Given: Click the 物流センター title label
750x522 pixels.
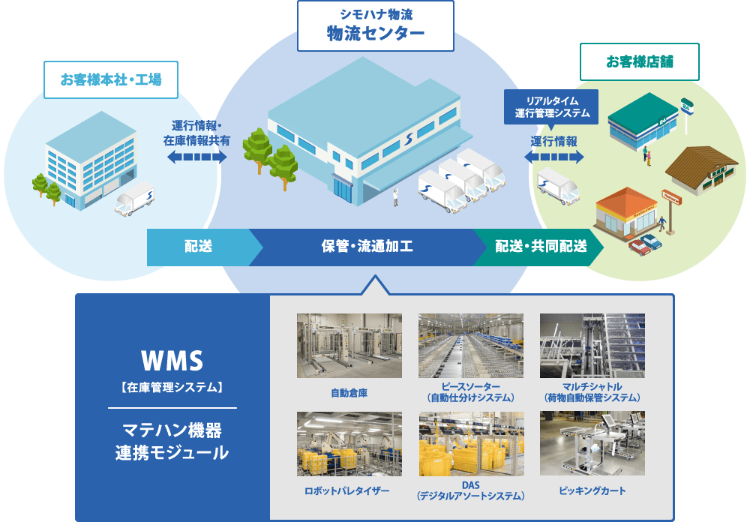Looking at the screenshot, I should (x=376, y=26).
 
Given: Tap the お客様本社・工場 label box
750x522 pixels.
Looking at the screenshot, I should (x=110, y=79).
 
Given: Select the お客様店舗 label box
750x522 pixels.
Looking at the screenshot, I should (x=640, y=61).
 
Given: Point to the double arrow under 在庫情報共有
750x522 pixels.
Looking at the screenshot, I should (x=196, y=157).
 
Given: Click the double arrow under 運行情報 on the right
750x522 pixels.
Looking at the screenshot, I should (x=553, y=157).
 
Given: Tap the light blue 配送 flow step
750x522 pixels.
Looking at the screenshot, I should (x=199, y=247).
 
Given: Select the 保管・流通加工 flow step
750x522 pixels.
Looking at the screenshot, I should (x=367, y=247).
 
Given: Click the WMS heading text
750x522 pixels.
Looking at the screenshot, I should (x=172, y=361).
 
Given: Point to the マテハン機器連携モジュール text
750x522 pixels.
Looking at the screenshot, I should (x=172, y=442).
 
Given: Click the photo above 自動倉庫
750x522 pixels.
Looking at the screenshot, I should (x=349, y=345).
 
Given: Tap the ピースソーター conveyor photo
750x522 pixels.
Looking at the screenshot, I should (x=470, y=345).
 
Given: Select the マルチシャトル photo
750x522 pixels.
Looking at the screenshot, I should (x=592, y=345).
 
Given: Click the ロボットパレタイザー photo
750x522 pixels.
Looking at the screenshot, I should (x=349, y=443).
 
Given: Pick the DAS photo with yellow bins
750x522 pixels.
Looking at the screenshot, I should (x=470, y=443).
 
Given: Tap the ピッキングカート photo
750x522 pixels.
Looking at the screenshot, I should (x=592, y=443).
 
